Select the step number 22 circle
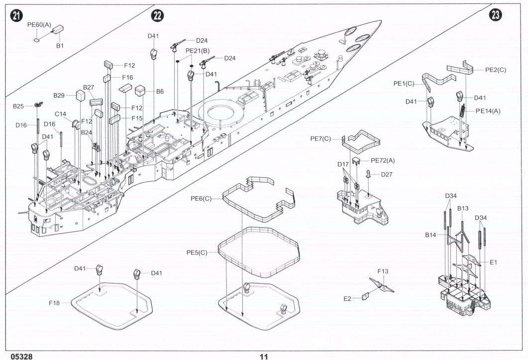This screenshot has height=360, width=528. pyautogui.click(x=158, y=16)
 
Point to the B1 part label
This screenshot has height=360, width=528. pyautogui.click(x=60, y=46)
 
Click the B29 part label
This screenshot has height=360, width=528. pyautogui.click(x=59, y=95)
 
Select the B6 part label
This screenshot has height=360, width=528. pyautogui.click(x=160, y=92)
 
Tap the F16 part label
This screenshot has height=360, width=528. pyautogui.click(x=127, y=78)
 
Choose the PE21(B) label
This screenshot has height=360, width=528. pyautogui.click(x=198, y=51)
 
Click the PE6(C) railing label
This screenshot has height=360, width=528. pyautogui.click(x=201, y=199)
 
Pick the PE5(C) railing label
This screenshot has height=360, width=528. pyautogui.click(x=197, y=253)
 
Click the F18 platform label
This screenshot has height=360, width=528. pyautogui.click(x=54, y=302)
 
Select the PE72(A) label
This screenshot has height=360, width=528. pyautogui.click(x=383, y=160)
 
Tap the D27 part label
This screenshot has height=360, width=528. pyautogui.click(x=387, y=174)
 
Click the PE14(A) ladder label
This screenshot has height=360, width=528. pyautogui.click(x=488, y=111)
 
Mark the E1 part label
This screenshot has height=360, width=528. pyautogui.click(x=493, y=262)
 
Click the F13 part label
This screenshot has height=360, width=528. pyautogui.click(x=383, y=271)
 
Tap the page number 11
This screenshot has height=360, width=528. pyautogui.click(x=264, y=357)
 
